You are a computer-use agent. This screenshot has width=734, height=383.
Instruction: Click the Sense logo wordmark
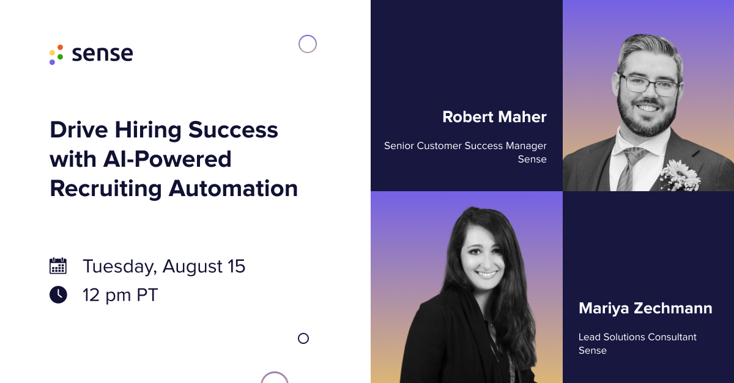pyautogui.click(x=102, y=54)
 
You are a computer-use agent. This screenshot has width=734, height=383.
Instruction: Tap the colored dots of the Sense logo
pyautogui.click(x=56, y=54)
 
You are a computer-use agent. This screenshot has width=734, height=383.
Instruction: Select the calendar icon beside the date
pyautogui.click(x=57, y=266)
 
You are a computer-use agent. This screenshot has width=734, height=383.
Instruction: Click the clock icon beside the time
pyautogui.click(x=57, y=295)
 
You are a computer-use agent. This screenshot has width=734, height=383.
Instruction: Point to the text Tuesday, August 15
pyautogui.click(x=164, y=266)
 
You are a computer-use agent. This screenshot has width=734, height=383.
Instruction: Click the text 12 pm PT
pyautogui.click(x=120, y=295)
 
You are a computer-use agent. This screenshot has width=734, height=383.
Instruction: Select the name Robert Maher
pyautogui.click(x=494, y=117)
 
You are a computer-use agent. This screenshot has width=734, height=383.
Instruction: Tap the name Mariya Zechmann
pyautogui.click(x=645, y=308)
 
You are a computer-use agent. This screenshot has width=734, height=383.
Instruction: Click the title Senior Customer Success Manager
pyautogui.click(x=465, y=146)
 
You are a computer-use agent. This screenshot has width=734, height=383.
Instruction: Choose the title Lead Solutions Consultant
pyautogui.click(x=637, y=337)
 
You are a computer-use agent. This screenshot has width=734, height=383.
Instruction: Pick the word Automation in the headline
pyautogui.click(x=233, y=188)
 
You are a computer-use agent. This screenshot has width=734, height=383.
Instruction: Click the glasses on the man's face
pyautogui.click(x=648, y=86)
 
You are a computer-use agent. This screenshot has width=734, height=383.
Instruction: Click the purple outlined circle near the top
pyautogui.click(x=308, y=44)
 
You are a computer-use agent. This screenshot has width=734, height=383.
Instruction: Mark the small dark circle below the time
pyautogui.click(x=303, y=338)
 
